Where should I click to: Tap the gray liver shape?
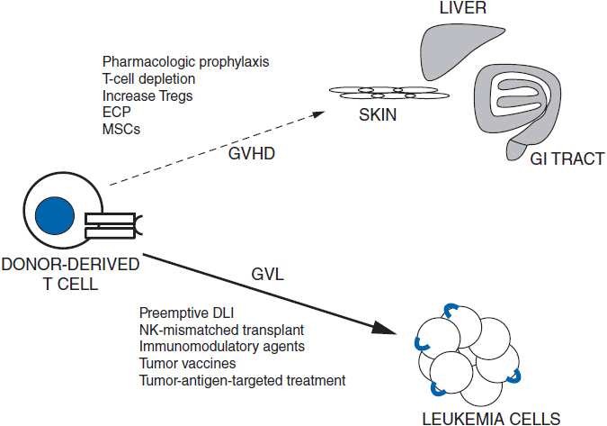coord(443,50)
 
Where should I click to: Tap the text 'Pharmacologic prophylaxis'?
coord(174,62)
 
